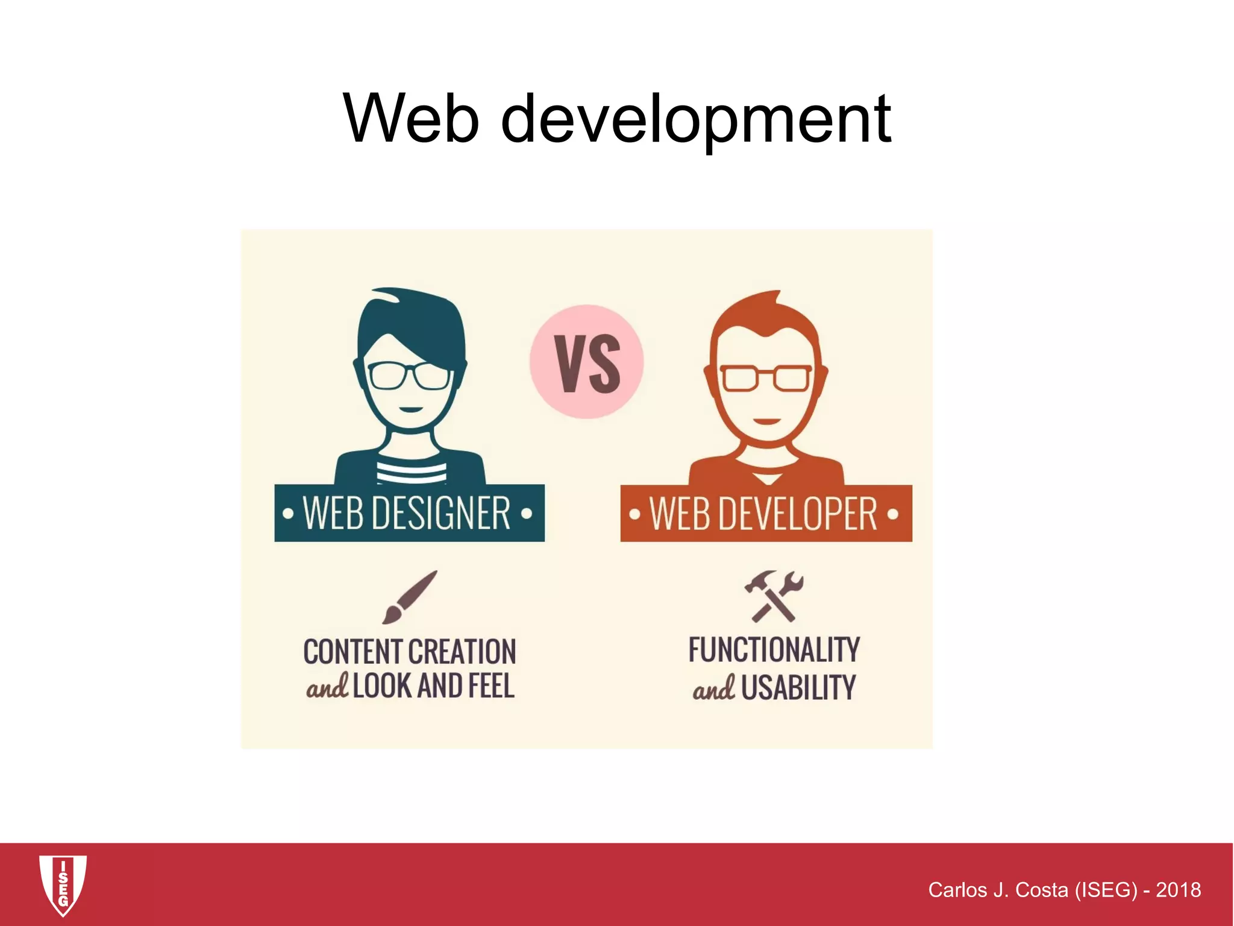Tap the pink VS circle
587,362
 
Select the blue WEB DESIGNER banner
409,513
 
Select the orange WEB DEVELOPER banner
766,514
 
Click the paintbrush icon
409,597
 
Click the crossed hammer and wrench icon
774,596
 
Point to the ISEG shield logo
63,884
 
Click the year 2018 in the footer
1178,890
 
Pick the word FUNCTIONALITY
774,650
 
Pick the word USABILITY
798,688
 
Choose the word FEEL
490,686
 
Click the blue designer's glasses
409,376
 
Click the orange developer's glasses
766,379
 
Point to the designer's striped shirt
411,470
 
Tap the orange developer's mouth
766,421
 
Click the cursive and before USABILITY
713,688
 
